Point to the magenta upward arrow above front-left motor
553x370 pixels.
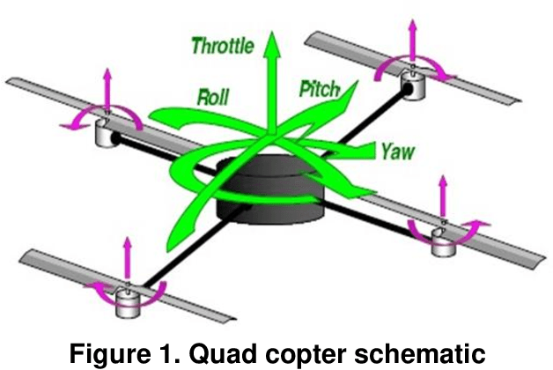[x=129, y=260]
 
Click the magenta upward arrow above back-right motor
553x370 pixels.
[x=410, y=40]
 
